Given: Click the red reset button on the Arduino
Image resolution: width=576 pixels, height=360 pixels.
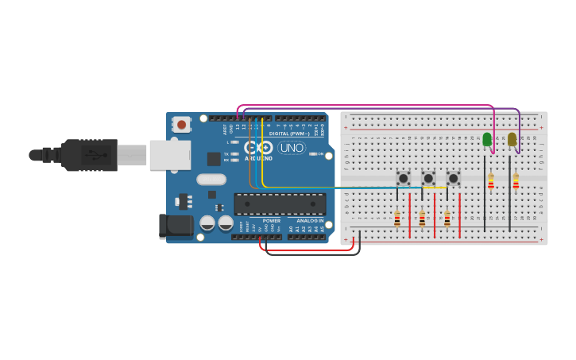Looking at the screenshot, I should click(182, 124).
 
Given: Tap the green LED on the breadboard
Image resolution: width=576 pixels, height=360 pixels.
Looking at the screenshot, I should click(487, 139).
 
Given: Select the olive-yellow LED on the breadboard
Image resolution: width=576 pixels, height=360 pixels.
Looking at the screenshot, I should click(512, 139).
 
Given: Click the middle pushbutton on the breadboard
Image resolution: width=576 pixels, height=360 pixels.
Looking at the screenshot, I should click(428, 179).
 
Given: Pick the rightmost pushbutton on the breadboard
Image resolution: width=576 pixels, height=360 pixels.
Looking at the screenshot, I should click(453, 179).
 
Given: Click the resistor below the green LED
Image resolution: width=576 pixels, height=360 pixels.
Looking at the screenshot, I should click(491, 183).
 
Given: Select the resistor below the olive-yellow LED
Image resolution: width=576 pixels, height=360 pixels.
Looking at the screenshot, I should click(516, 183).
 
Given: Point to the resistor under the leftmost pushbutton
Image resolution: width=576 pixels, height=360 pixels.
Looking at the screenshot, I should click(397, 219).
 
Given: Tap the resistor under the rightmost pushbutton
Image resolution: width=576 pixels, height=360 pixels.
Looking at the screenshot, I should click(446, 219).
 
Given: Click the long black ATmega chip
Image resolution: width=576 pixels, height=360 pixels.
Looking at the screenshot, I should click(280, 203).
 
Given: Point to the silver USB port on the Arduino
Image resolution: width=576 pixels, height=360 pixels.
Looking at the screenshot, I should click(170, 155).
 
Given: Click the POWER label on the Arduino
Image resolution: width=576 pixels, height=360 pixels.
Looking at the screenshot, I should click(271, 221).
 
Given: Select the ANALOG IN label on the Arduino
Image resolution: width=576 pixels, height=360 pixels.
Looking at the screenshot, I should click(310, 221).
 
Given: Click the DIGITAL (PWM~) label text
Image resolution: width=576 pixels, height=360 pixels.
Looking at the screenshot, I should click(289, 134).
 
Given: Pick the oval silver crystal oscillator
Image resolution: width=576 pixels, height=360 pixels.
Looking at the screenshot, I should click(211, 179).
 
